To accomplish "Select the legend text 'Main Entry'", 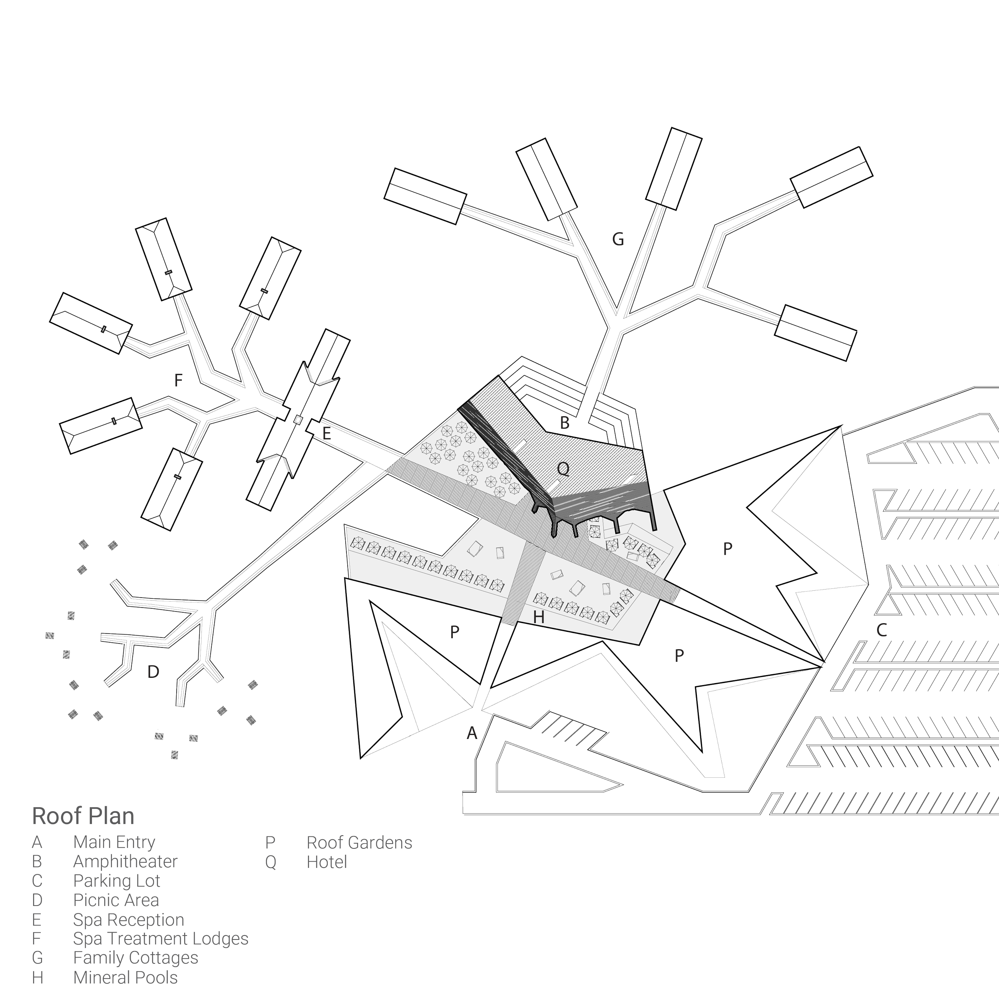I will [x=114, y=842].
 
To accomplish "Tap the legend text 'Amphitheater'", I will [x=125, y=862].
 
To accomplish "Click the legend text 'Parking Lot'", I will [x=116, y=881].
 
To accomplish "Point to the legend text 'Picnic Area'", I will [x=116, y=900].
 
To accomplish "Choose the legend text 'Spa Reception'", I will [x=128, y=920].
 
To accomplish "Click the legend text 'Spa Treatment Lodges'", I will [x=160, y=939].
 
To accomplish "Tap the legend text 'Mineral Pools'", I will [x=125, y=978].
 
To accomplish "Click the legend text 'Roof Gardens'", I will [x=359, y=843].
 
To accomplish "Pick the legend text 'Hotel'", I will [x=326, y=862].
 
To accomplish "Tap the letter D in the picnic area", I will [x=153, y=672].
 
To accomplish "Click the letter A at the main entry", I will [x=471, y=733].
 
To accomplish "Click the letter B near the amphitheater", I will [x=564, y=423].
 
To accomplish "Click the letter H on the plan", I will [x=539, y=616].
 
